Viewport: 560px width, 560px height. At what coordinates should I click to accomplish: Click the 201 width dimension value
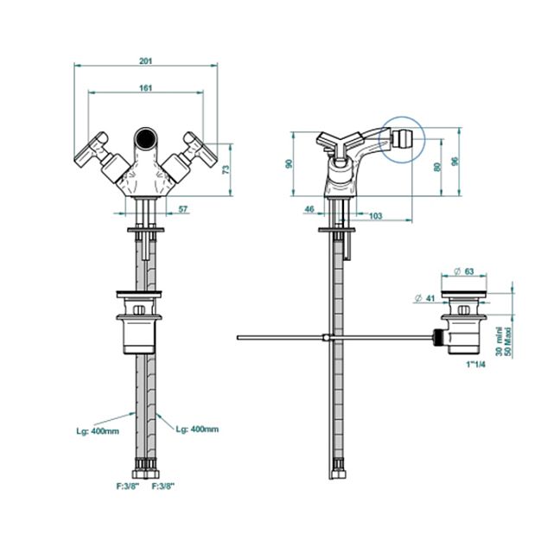(145, 61)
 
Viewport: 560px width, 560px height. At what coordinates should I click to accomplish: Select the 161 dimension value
(145, 88)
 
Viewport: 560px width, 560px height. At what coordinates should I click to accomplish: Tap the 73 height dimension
(226, 169)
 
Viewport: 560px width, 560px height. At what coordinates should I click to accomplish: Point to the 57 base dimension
(183, 209)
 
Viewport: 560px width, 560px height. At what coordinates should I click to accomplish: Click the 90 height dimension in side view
(289, 164)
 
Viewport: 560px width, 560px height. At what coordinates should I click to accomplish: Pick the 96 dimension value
(455, 162)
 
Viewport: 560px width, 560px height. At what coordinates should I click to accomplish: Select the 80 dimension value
(437, 167)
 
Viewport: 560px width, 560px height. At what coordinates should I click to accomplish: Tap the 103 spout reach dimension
(375, 216)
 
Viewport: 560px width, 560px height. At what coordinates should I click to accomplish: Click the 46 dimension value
(309, 208)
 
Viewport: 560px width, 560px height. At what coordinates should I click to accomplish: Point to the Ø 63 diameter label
(463, 271)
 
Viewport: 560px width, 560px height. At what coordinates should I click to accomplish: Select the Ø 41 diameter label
(425, 297)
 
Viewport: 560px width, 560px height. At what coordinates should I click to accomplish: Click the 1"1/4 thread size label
(475, 365)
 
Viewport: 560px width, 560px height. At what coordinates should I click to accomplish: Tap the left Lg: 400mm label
(98, 431)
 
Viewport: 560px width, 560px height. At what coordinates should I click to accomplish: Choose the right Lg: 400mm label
(197, 429)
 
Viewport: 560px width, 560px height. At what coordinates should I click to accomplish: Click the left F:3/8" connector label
(128, 486)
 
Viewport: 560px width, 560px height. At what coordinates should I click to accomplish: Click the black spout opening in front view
(146, 137)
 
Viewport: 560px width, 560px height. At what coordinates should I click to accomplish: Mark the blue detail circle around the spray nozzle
(402, 140)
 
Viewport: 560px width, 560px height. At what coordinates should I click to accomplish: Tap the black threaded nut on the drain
(438, 337)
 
